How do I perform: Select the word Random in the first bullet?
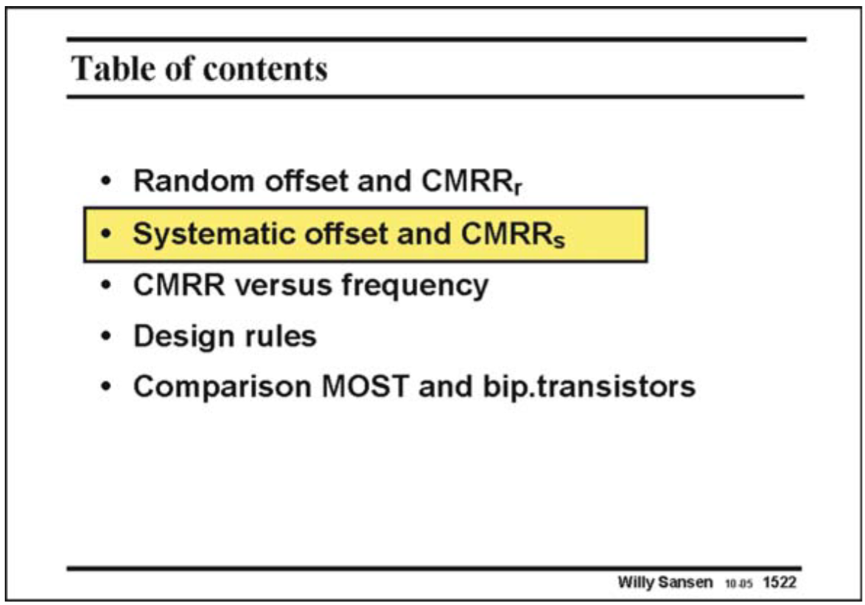point(186,181)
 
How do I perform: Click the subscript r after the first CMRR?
point(518,189)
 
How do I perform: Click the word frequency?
point(416,285)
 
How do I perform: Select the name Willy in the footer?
point(637,582)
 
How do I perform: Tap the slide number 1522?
point(780,582)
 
